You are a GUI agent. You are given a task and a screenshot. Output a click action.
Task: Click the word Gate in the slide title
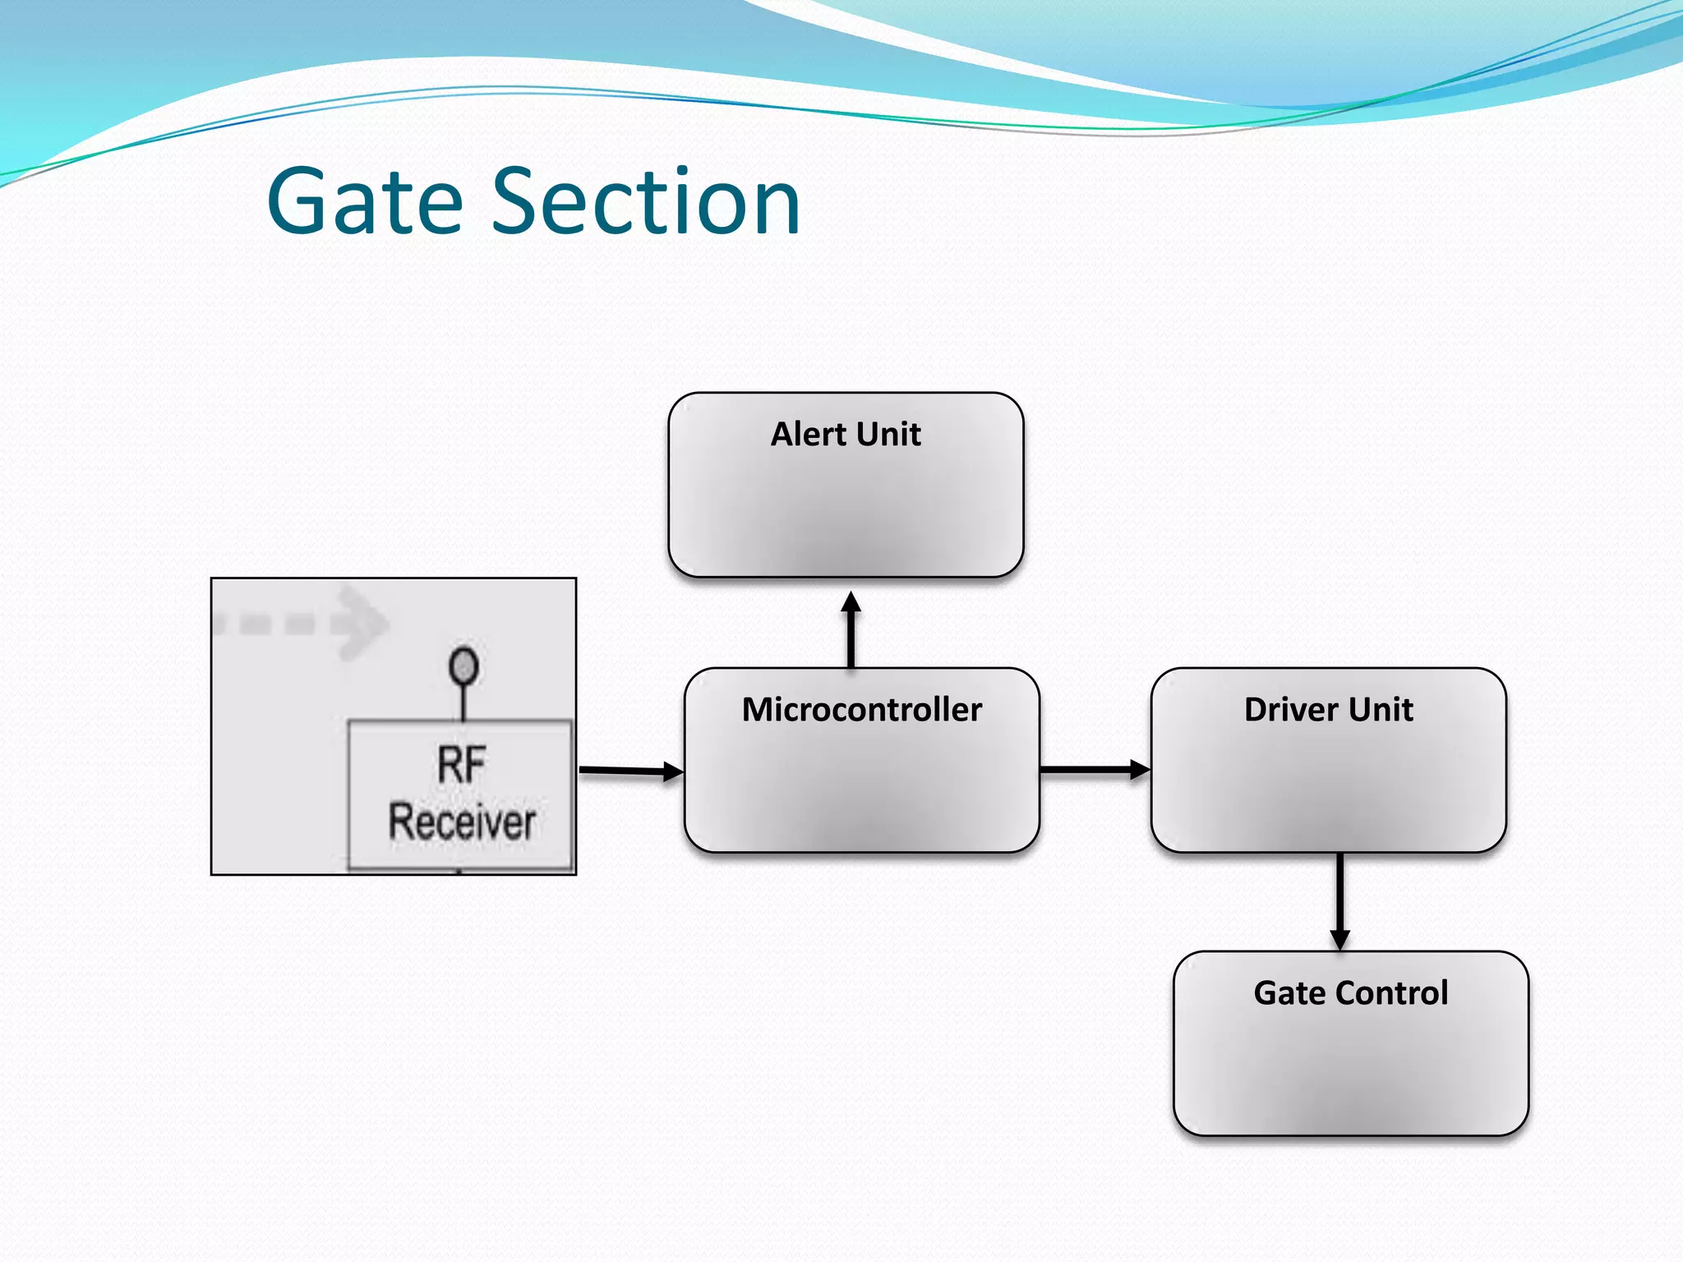tap(365, 202)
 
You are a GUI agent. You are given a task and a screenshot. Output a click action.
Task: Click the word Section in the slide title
tap(646, 202)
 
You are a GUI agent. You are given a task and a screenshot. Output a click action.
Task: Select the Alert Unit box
tap(846, 501)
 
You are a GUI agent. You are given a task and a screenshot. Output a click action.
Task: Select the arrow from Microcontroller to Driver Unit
tap(1094, 770)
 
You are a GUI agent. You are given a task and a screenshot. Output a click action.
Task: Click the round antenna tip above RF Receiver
tap(463, 666)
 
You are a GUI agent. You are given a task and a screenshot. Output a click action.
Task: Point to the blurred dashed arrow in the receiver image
tap(304, 622)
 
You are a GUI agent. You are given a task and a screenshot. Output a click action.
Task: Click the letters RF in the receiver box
tap(461, 765)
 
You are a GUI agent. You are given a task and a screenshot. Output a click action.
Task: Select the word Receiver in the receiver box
tap(462, 822)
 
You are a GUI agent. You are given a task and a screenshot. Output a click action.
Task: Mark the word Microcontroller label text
tap(861, 709)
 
